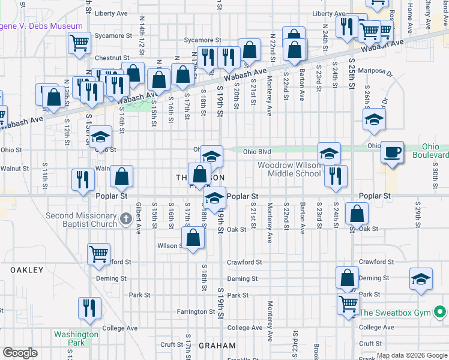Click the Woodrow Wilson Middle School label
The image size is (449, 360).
coord(289,169)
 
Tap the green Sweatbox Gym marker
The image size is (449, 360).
coord(440,312)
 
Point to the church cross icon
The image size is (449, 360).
coord(125,218)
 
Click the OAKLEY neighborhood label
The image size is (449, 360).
coord(27,270)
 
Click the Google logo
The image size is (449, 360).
coord(20,353)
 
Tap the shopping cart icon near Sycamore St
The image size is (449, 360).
coord(79,42)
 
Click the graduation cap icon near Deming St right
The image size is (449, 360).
coord(421,278)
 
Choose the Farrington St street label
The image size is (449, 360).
coord(196,311)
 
